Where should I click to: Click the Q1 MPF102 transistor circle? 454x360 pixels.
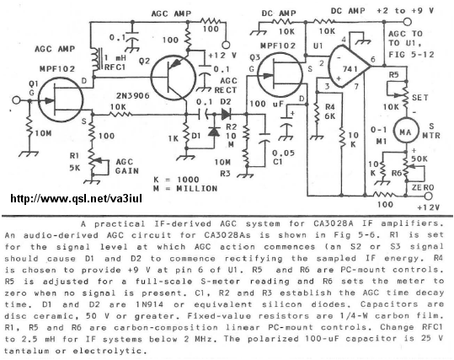pos(61,100)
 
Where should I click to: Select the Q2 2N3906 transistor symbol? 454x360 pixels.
pos(174,78)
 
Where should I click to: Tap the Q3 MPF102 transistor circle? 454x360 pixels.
pos(280,75)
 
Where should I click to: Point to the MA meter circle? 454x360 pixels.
pos(406,132)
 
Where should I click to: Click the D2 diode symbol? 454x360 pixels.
pos(226,114)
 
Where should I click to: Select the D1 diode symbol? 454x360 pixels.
pos(214,132)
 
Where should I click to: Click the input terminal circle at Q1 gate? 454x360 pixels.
pos(17,100)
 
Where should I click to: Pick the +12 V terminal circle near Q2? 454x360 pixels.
pos(226,45)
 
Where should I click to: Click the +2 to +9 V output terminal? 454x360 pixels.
pos(408,22)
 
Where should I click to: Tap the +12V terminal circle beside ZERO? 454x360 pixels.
pos(428,196)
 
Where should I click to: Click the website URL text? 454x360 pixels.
pos(76,199)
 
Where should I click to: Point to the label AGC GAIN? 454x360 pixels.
pos(127,166)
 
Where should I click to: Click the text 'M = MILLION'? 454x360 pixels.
pos(185,189)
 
